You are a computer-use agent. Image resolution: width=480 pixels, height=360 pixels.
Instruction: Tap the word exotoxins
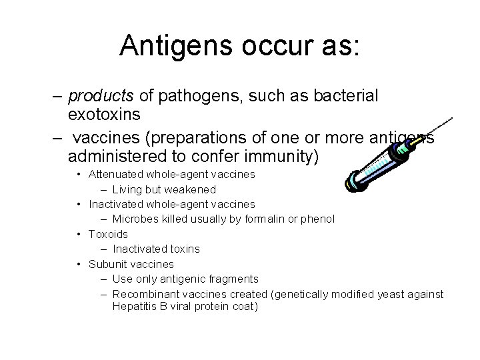click(104, 115)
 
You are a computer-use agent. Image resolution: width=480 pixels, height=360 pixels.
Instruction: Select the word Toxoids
click(109, 234)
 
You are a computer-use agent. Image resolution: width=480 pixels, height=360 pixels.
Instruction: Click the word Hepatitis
click(133, 307)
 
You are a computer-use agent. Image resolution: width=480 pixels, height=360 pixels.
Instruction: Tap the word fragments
click(233, 279)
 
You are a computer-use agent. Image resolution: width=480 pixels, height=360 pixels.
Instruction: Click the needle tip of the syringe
click(453, 119)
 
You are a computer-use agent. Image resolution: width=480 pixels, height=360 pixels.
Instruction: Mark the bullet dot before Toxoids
click(79, 234)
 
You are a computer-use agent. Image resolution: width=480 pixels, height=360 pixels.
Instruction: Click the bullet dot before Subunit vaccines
click(79, 264)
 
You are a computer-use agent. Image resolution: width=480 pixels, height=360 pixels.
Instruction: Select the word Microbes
click(134, 219)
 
